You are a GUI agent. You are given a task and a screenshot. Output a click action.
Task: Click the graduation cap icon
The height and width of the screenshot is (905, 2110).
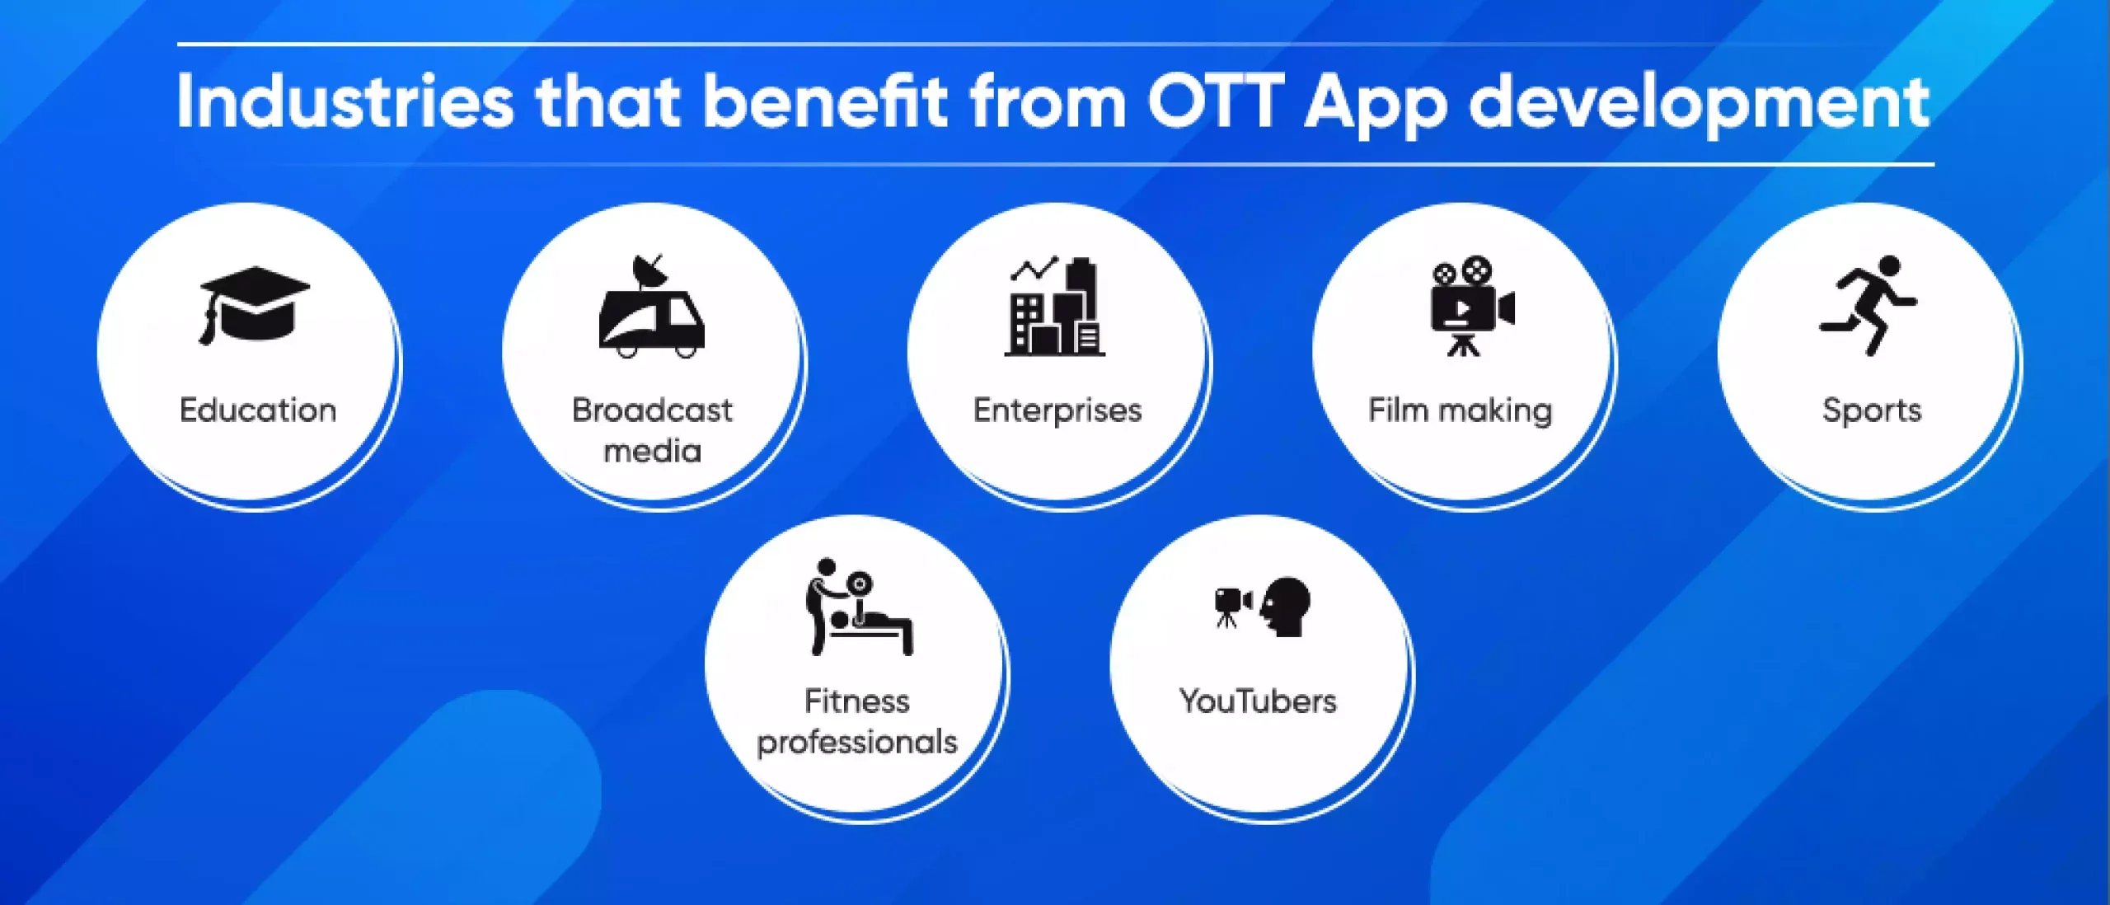click(x=255, y=305)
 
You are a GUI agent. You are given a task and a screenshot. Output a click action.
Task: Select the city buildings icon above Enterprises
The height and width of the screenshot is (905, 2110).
click(x=1055, y=307)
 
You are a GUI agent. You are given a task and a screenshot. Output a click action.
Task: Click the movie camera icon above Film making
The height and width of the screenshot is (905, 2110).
click(x=1472, y=307)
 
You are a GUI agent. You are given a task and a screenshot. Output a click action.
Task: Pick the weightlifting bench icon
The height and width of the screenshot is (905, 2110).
click(x=860, y=607)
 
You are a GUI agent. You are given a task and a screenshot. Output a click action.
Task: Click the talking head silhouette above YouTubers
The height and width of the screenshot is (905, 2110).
click(x=1286, y=607)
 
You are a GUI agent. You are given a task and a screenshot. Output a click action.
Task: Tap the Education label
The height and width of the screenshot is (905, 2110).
click(x=258, y=410)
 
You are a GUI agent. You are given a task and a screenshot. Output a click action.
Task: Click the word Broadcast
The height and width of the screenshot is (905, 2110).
click(x=652, y=410)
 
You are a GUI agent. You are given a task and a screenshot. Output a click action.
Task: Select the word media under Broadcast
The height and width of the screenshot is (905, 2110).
click(x=653, y=450)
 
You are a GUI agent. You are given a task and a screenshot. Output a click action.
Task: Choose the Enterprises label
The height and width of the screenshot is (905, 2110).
click(x=1057, y=410)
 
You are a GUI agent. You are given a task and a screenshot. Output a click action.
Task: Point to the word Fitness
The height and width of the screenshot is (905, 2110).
click(x=857, y=701)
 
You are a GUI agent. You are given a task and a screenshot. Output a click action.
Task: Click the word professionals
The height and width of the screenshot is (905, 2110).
click(x=857, y=743)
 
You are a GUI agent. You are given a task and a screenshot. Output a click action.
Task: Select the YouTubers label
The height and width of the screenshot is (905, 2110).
click(x=1258, y=701)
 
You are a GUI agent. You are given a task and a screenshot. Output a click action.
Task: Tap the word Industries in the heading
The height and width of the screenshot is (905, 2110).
click(x=345, y=102)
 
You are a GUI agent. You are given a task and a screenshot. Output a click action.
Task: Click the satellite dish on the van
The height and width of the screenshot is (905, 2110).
click(x=650, y=271)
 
